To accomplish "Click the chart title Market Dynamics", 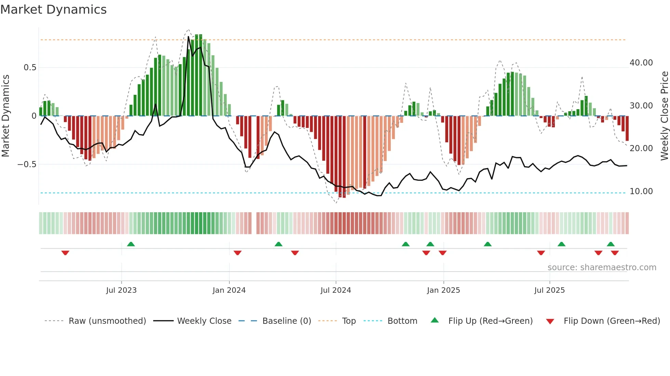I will tap(53, 10).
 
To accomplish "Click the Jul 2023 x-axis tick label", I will tap(121, 290).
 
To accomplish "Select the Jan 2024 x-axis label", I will tap(229, 290).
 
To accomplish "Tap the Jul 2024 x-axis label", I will tap(335, 290).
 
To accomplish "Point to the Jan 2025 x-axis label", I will tap(443, 290).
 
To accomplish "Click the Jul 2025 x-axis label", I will tap(549, 290).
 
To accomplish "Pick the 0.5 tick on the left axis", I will tap(30, 68).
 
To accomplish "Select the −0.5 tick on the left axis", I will tap(27, 164).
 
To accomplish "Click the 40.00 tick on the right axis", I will tap(641, 63).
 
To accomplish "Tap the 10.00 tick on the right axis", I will tap(641, 191).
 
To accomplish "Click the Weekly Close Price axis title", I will tap(664, 116).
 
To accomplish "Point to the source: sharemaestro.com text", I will tap(602, 267).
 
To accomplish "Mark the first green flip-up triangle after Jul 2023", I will tap(131, 244).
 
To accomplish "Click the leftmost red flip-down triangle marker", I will tap(65, 253).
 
